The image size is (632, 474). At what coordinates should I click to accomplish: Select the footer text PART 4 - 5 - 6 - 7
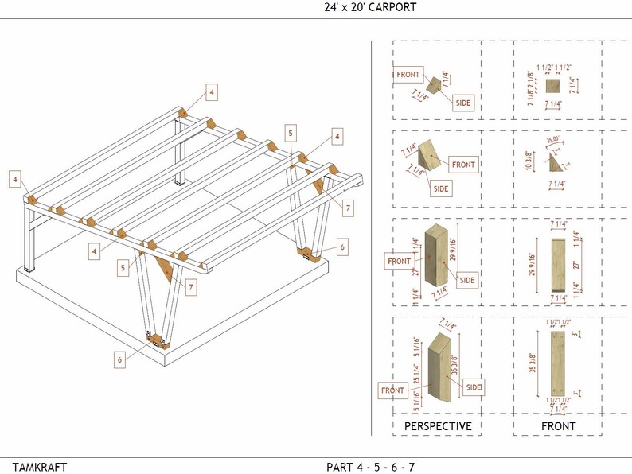[x=370, y=466]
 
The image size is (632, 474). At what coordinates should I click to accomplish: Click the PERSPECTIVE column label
[x=438, y=426]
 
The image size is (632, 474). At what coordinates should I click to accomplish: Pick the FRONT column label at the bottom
[x=558, y=426]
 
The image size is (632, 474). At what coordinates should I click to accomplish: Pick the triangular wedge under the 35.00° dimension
[x=557, y=164]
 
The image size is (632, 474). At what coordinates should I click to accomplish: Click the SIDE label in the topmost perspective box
[x=463, y=103]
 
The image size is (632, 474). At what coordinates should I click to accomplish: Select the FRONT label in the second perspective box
[x=462, y=165]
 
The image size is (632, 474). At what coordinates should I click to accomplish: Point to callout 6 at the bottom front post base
[x=120, y=359]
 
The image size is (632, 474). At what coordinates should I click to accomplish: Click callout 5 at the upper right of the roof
[x=291, y=133]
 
